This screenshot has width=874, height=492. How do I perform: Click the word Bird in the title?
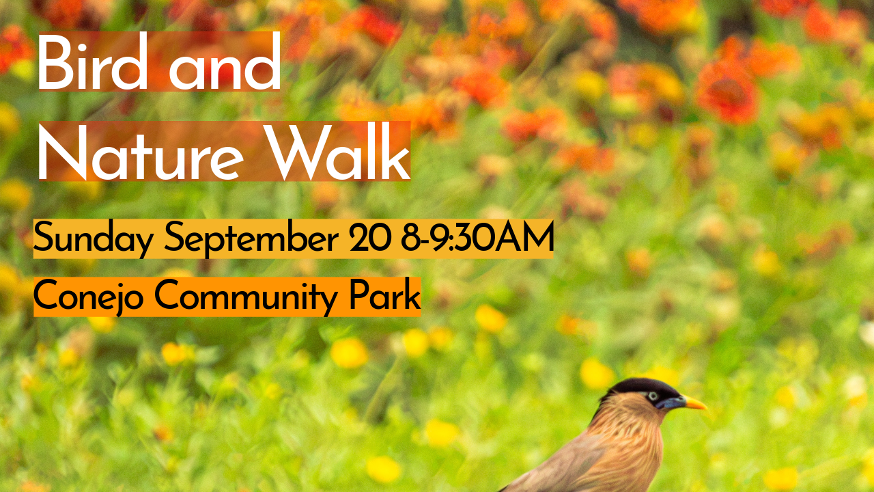tap(92, 61)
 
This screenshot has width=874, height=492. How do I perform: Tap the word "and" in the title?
tap(225, 61)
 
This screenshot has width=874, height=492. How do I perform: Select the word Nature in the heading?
tap(141, 152)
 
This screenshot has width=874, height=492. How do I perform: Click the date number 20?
tap(370, 236)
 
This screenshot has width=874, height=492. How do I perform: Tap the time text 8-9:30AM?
tap(477, 236)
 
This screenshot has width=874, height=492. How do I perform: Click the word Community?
tap(246, 297)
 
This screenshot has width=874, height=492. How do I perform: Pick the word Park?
tap(384, 295)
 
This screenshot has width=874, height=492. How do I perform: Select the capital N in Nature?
tap(62, 152)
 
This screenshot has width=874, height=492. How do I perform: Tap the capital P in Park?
tap(360, 295)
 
